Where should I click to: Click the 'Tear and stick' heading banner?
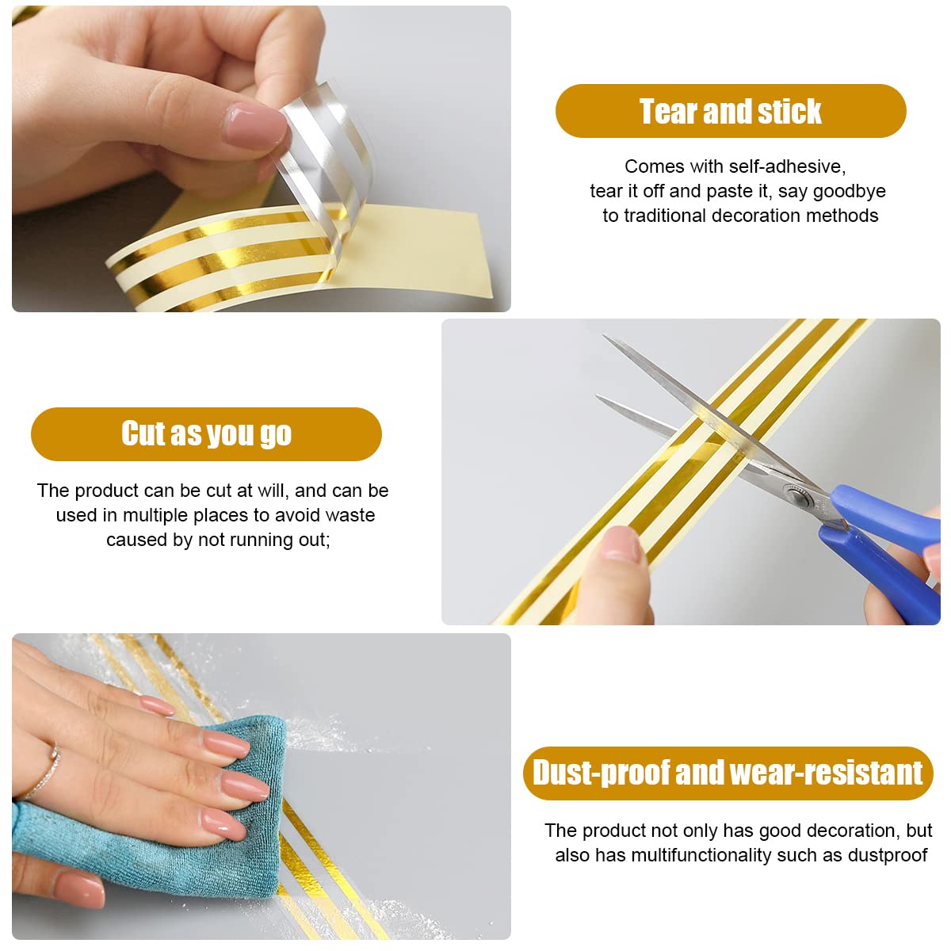tap(730, 111)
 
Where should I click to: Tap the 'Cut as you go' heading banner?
tap(206, 433)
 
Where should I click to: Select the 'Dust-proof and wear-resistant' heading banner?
tap(728, 773)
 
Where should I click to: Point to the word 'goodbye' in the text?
tap(849, 191)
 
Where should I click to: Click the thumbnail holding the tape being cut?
tap(621, 545)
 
